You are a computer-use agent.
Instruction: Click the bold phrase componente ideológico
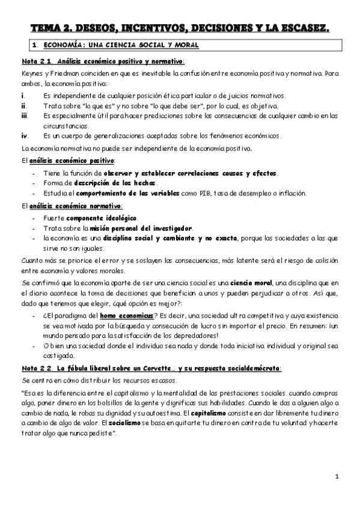pos(102,218)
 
